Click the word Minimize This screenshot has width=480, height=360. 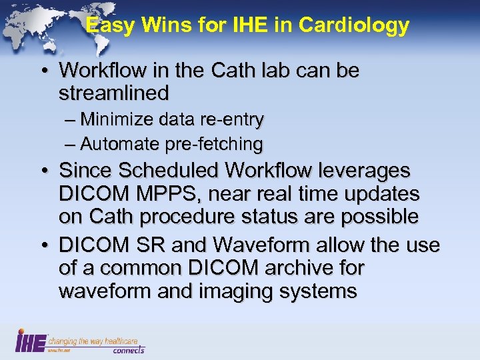tap(117, 120)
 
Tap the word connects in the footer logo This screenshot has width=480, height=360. tap(128, 349)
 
